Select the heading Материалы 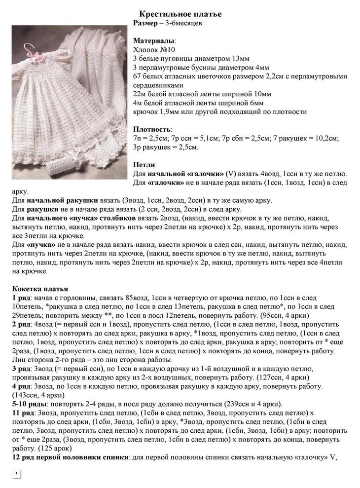point(154,40)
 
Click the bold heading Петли point(145,165)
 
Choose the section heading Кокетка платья point(40,289)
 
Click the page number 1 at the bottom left point(16,474)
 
